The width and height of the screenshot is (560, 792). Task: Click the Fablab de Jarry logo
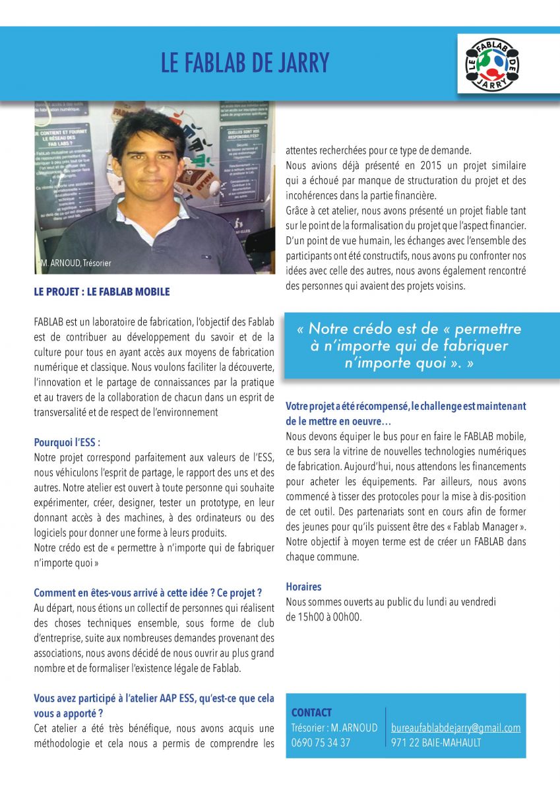coord(492,65)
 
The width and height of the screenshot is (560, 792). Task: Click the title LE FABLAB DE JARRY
coord(245,63)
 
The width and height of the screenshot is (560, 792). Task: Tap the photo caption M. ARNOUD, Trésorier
coord(75,263)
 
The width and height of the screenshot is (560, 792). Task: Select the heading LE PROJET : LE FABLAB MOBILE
coord(102,292)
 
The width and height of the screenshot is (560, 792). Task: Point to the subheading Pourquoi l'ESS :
coord(67,442)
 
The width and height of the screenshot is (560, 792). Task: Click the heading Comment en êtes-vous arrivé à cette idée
coord(148,592)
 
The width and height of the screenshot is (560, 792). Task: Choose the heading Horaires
coord(303,586)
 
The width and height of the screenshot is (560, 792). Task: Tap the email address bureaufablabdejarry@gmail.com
coord(456,728)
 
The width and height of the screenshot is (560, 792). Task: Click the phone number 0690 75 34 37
coord(321,742)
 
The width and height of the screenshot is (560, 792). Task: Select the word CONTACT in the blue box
coord(311,713)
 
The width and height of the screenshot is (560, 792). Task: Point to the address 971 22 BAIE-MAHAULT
coord(436,742)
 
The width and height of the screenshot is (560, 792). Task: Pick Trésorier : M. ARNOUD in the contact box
coord(334,728)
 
